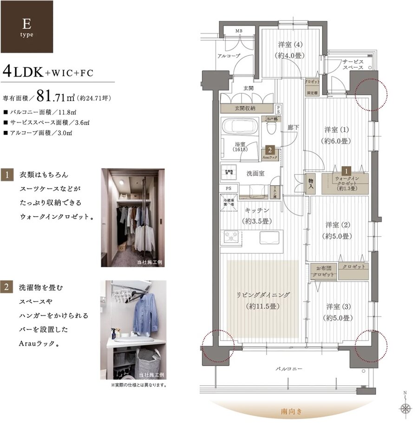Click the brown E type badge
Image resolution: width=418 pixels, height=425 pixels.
coord(26,26)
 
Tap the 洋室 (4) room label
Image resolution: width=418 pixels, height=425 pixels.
coord(290,50)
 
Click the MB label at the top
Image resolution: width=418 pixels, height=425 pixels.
coord(239,31)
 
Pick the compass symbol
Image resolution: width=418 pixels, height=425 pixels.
coord(406,409)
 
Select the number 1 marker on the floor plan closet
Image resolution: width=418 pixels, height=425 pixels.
coord(346,170)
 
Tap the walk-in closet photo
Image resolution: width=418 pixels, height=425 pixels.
coord(132,217)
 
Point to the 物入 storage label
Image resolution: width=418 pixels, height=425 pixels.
coord(310,185)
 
